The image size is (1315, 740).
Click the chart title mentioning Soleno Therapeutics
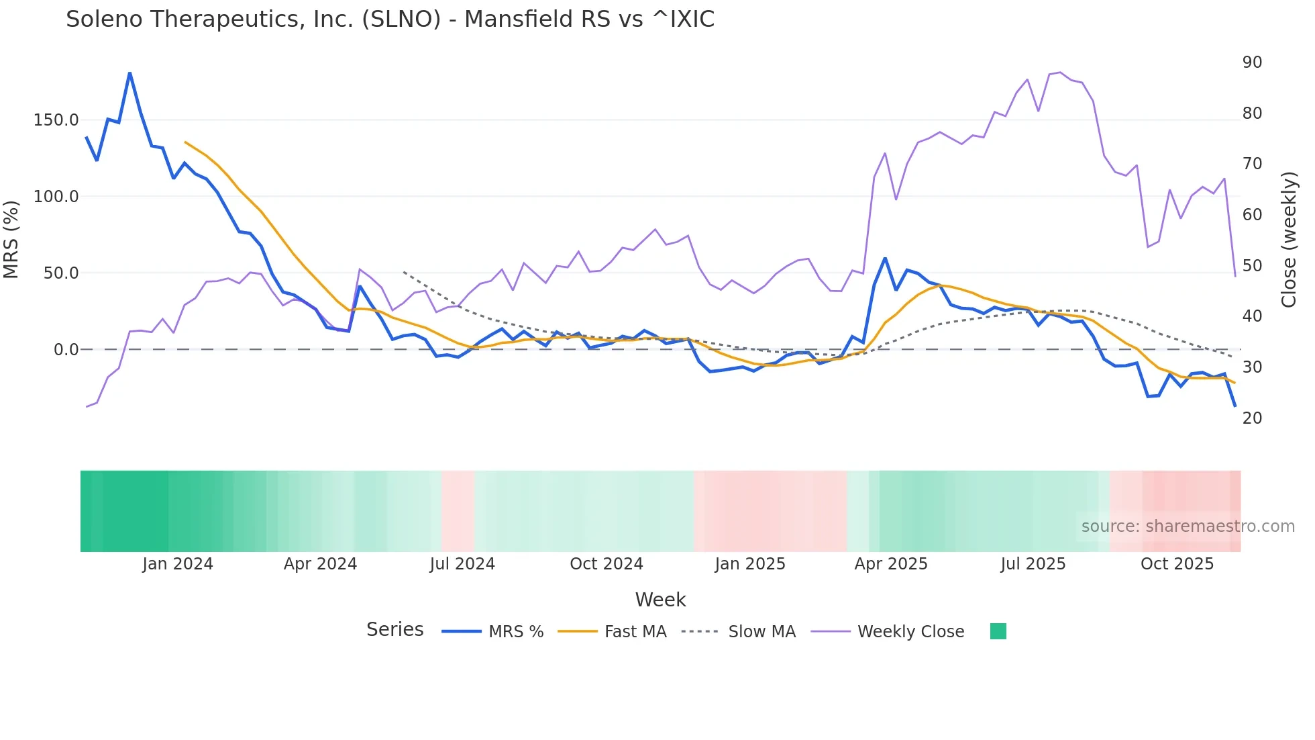point(390,19)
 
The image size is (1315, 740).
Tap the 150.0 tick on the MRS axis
point(56,120)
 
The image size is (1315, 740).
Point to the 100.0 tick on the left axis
point(56,197)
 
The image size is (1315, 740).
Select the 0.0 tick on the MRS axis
point(66,350)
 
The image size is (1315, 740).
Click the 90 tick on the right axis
point(1252,62)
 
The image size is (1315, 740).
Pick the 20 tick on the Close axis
point(1252,418)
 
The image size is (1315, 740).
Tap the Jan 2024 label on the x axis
point(178,564)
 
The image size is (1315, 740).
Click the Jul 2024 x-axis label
point(462,564)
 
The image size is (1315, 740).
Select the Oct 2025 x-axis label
point(1177,564)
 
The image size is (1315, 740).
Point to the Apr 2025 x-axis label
point(890,564)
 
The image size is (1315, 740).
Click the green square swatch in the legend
point(998,631)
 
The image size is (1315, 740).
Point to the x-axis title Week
point(660,600)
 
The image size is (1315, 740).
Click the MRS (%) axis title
point(11,239)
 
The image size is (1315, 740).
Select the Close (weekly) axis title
point(1289,239)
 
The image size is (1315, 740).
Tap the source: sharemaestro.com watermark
point(1188,526)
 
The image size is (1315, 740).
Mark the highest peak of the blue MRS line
point(129,73)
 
